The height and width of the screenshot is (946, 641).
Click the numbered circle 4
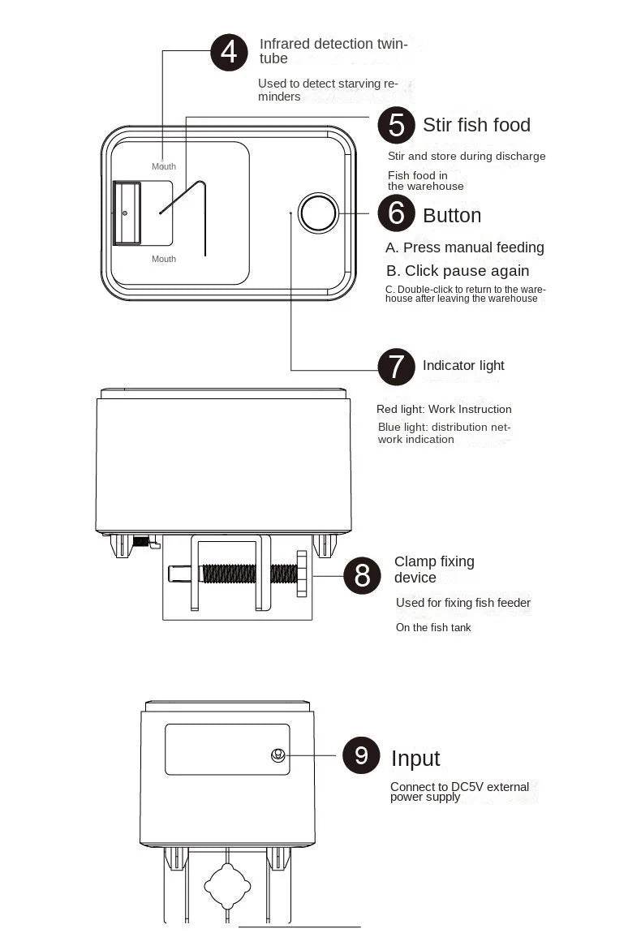[x=229, y=53]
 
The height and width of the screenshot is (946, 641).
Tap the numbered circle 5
[x=397, y=125]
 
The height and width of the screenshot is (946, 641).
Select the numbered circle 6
[x=397, y=213]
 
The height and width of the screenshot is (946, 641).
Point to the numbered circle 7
[x=397, y=367]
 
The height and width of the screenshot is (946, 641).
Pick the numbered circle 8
[x=362, y=575]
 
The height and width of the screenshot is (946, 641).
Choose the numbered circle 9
[x=361, y=755]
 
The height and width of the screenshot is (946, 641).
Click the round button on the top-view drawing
[x=317, y=213]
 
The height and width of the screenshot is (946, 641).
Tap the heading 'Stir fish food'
[x=476, y=125]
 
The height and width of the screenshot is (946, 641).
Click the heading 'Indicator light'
[x=463, y=366]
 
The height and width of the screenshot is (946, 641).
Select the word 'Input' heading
[x=415, y=759]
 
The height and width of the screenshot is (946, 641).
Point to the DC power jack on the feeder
[x=277, y=755]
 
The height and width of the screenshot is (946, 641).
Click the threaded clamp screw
[x=247, y=574]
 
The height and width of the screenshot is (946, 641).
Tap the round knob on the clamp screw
[x=303, y=574]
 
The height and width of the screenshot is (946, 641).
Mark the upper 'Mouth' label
[x=164, y=166]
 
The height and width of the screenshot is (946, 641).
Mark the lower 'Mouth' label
[x=164, y=259]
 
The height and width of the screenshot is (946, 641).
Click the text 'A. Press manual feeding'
[x=465, y=247]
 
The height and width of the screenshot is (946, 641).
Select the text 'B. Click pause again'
[x=458, y=271]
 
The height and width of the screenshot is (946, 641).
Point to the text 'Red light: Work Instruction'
[x=444, y=410]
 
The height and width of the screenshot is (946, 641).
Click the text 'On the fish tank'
[x=433, y=627]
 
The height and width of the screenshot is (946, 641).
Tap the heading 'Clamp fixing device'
[x=434, y=570]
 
